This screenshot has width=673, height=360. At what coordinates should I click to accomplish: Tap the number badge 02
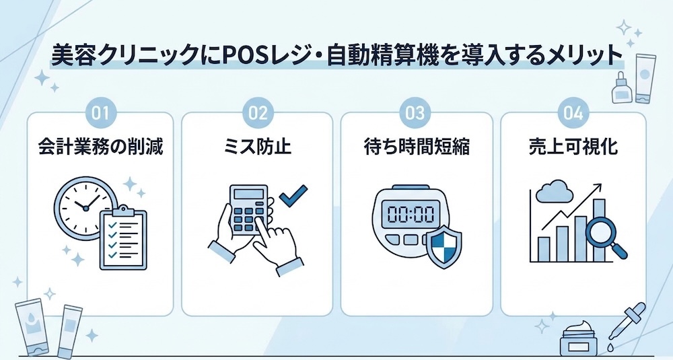[258, 113]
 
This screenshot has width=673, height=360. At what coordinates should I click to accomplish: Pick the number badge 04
[573, 113]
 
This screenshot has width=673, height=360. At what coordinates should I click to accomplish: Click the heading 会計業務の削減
[100, 147]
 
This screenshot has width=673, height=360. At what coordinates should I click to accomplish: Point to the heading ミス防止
[258, 147]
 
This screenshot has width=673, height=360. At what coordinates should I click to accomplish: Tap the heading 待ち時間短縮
[417, 147]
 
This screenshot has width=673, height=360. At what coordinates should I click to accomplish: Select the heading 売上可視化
[573, 147]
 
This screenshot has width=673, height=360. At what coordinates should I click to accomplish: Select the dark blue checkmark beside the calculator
[293, 194]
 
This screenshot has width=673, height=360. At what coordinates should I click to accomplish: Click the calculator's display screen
[248, 194]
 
